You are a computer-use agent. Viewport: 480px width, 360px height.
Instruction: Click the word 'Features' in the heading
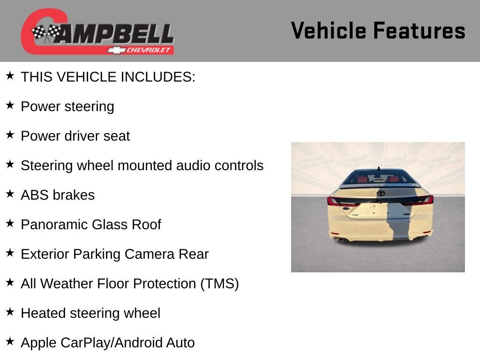coord(419,31)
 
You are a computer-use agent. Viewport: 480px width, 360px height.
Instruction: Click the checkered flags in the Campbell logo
coord(46,33)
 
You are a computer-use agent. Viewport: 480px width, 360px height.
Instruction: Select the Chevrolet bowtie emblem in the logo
coord(115,50)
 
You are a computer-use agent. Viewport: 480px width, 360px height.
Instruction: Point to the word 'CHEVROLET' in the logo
coord(149,50)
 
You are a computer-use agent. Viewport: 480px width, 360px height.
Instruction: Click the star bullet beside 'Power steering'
coord(10,105)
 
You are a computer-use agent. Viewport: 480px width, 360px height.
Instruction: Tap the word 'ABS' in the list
coord(35,195)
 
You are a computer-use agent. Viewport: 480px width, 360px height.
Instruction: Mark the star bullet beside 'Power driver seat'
coord(10,135)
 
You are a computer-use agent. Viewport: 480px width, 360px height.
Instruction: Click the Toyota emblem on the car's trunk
coord(380,193)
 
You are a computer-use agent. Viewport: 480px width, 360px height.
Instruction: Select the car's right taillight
coord(420,201)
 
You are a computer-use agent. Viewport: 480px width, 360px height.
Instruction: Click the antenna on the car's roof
coord(378,168)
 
